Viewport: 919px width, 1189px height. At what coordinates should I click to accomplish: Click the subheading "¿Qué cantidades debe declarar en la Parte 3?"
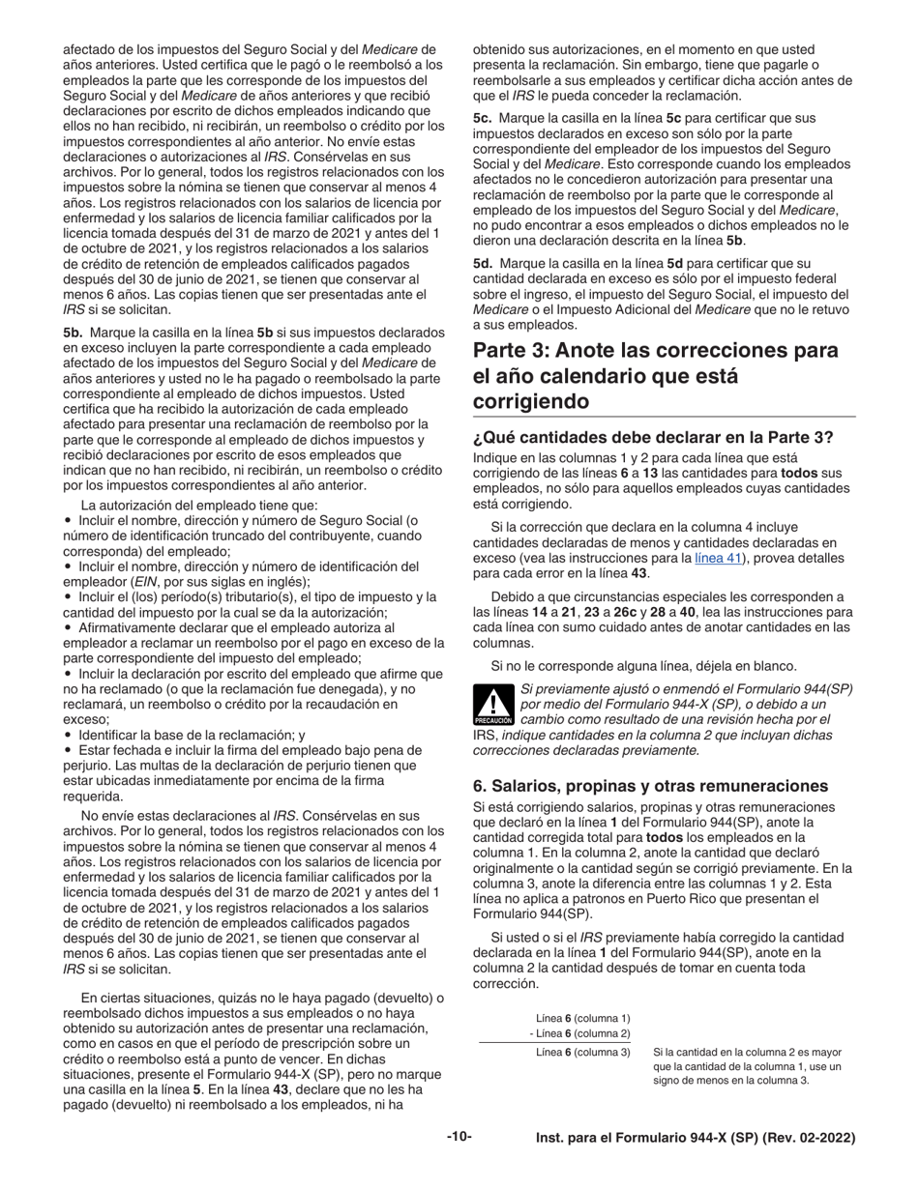(x=652, y=437)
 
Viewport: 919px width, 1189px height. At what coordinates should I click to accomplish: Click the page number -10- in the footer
(x=459, y=1138)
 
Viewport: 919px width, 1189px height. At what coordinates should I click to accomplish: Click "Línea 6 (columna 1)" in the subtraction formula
(x=582, y=1018)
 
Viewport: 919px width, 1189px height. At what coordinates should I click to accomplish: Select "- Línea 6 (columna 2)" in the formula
(x=579, y=1033)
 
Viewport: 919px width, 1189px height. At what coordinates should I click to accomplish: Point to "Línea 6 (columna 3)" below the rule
(x=582, y=1052)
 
